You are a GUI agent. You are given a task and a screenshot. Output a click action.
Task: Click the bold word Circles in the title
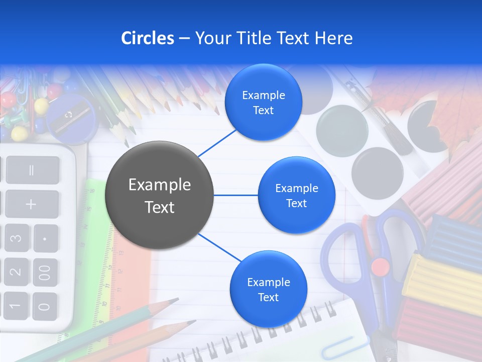pos(148,38)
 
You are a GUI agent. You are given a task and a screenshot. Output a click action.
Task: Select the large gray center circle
pos(159,195)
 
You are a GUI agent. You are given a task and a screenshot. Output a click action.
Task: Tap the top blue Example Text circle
pos(263,103)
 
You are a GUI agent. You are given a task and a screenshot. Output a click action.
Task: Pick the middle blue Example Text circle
pos(296,195)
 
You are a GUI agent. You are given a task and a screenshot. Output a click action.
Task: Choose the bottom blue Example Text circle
pos(268,289)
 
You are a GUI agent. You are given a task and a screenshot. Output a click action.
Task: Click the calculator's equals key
pos(32,170)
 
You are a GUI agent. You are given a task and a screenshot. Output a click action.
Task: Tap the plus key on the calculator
pos(32,204)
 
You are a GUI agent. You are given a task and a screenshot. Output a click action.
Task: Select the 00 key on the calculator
pos(45,273)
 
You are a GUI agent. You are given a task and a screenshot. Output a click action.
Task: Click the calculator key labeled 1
pos(15,305)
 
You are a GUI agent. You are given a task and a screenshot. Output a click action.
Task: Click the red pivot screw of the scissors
pos(380,266)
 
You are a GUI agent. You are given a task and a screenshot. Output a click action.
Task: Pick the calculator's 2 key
pos(16,272)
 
